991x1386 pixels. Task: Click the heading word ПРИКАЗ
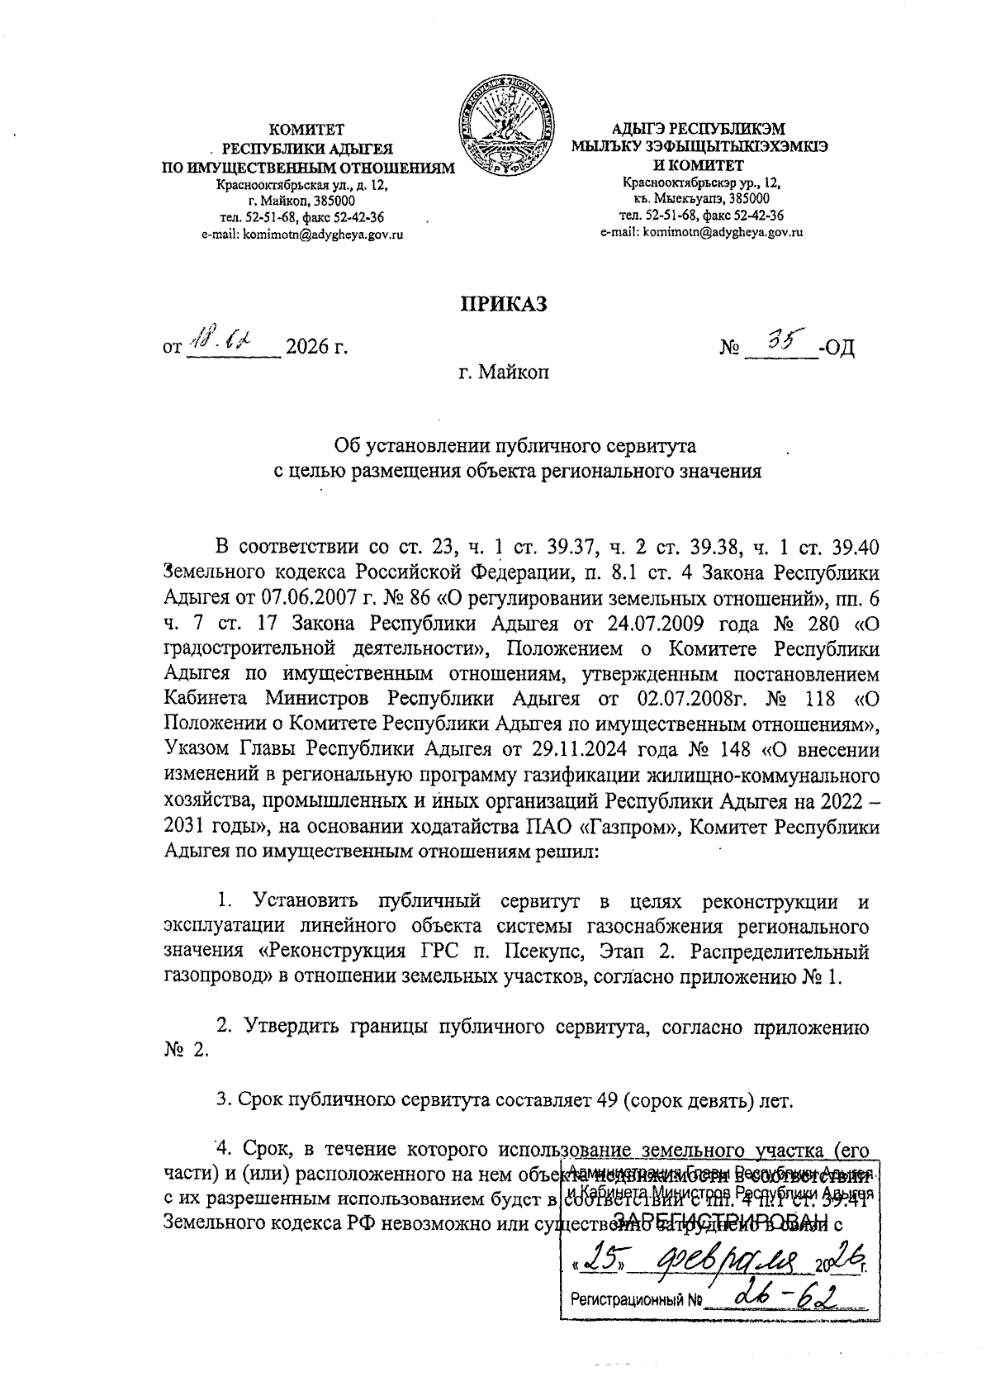click(504, 305)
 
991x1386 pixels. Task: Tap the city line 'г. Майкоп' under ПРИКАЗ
click(505, 373)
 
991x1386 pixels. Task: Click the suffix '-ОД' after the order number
click(836, 347)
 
